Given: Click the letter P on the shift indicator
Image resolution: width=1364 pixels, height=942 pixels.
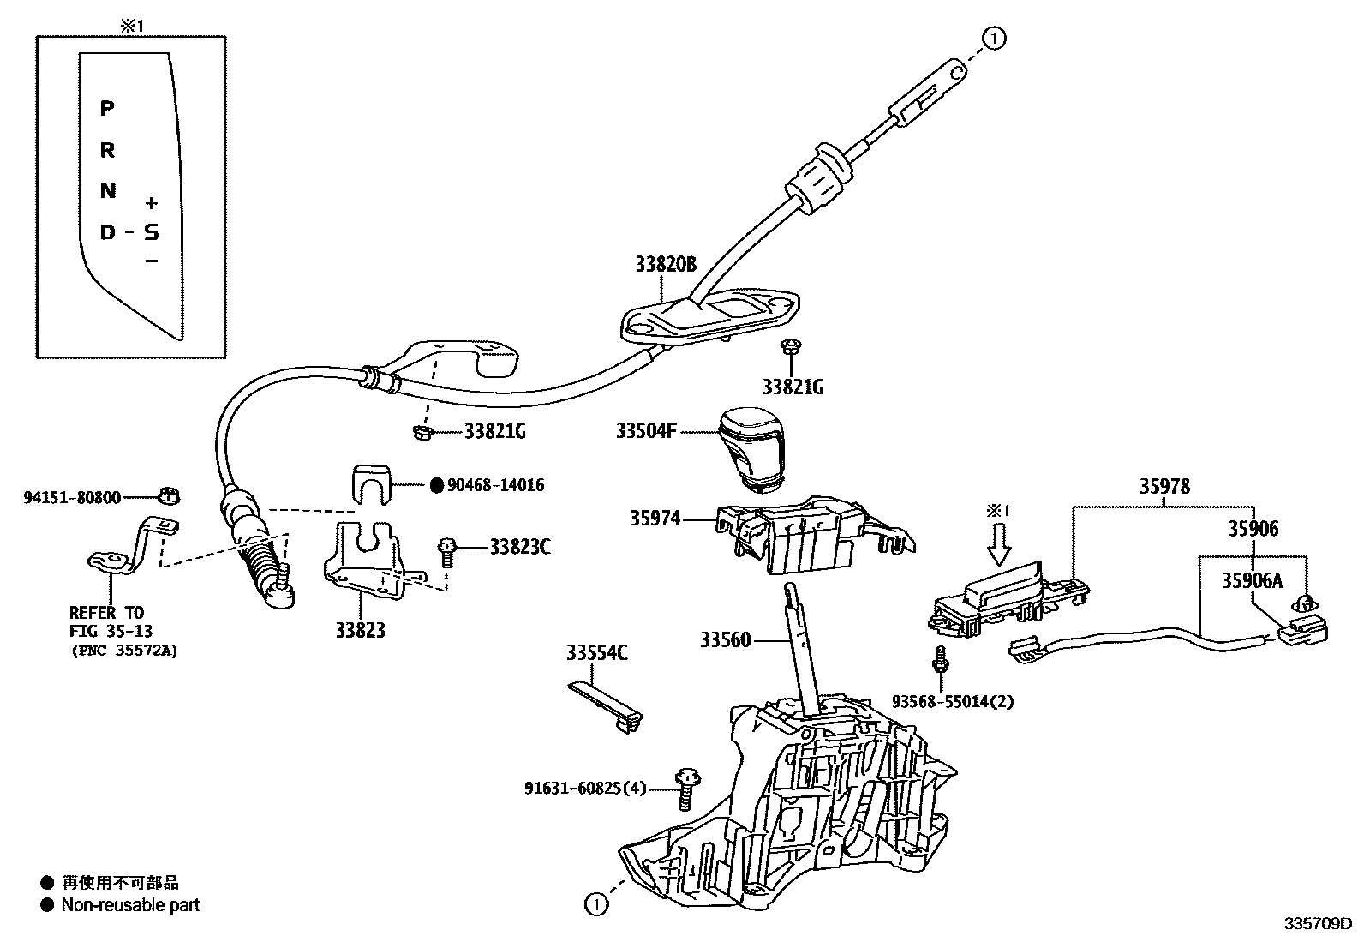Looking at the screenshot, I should coord(107,108).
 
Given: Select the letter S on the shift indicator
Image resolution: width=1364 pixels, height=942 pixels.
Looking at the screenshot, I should coord(151,231).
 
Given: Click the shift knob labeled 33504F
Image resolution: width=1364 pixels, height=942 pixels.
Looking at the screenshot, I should coord(751,449).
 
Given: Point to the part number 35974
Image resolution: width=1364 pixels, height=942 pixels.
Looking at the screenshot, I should coord(655,518).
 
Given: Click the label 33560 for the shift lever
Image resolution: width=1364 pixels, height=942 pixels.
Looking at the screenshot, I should coord(725,639).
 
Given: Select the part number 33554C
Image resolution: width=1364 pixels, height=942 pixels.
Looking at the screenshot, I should coord(596,653).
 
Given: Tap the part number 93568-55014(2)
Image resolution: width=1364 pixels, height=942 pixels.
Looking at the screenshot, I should coord(952,701).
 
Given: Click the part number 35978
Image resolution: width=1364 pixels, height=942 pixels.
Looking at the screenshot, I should coord(1164,486).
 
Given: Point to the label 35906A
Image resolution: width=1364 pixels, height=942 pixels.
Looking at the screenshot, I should coord(1252,580).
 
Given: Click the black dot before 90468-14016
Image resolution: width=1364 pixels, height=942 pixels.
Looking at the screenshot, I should coord(435,485).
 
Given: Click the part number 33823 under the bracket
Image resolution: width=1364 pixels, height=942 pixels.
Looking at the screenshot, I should coord(360,631).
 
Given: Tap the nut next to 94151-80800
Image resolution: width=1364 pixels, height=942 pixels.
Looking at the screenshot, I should coord(169,495).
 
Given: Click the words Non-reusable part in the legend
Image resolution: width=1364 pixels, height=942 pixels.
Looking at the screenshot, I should coord(129,904).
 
